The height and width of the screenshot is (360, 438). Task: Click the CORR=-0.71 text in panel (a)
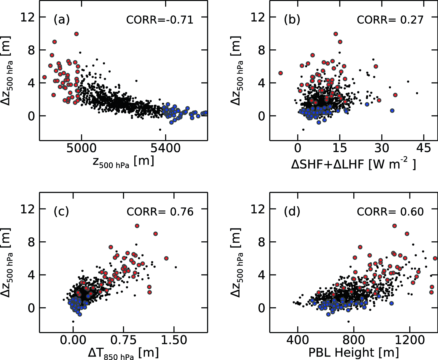coord(160,20)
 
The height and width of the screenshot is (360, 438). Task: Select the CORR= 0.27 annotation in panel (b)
coord(390,20)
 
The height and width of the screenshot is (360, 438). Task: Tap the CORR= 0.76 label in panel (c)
coord(160,212)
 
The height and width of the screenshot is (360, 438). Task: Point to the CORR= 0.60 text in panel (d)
coord(390,212)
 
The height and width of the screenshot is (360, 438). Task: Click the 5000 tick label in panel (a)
coord(82,148)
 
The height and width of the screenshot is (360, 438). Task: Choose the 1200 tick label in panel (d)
coord(409,340)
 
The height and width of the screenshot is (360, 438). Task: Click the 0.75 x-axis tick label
coord(123,340)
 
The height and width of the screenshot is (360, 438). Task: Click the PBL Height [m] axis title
coord(354,353)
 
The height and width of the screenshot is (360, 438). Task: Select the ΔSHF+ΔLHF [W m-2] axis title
coord(354,164)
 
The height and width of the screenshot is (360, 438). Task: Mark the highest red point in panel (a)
coord(76,34)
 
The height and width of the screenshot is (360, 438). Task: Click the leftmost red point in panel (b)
coord(281,73)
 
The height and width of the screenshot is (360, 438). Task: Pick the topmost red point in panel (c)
coord(137,226)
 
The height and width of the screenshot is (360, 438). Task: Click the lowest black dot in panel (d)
coord(348,321)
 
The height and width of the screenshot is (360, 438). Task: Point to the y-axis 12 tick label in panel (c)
coord(28,209)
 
